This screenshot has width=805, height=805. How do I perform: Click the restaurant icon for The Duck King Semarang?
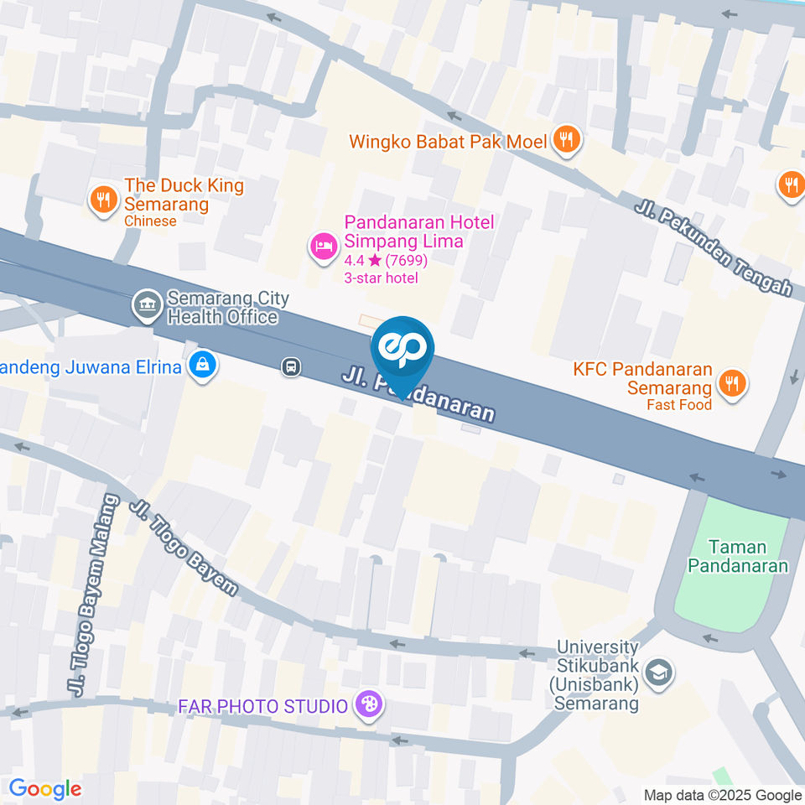tap(103, 200)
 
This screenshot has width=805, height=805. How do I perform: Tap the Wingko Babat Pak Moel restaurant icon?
tap(567, 140)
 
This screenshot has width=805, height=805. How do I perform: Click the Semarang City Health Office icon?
tap(148, 306)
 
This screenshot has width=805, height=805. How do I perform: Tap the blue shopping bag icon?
tap(202, 366)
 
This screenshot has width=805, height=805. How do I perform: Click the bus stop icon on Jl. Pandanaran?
tap(291, 366)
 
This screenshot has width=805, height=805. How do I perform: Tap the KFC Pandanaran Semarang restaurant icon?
tap(732, 383)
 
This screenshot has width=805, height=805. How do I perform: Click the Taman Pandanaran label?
tap(738, 556)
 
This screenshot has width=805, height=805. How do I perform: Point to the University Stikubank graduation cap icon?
tap(660, 673)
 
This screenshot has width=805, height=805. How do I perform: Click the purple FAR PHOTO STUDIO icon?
tap(367, 705)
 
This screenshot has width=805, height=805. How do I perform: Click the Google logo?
tap(44, 788)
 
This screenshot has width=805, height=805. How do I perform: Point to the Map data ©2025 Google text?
tap(723, 795)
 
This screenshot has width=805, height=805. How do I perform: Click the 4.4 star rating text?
tap(386, 260)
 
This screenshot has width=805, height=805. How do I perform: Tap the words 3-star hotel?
tap(381, 278)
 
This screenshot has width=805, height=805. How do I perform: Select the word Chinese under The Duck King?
tap(150, 221)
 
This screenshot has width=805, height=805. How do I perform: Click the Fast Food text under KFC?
tap(678, 405)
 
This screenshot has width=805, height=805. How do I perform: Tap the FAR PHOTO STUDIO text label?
tap(262, 706)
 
